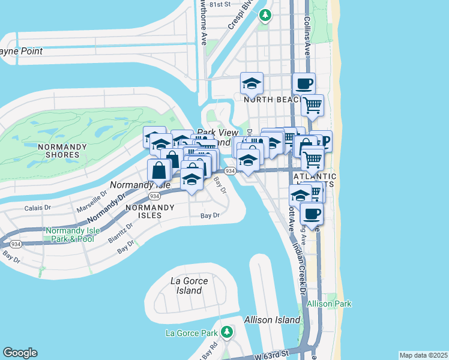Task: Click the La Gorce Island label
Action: tap(189, 286)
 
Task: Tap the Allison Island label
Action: tap(272, 320)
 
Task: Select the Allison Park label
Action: tap(328, 304)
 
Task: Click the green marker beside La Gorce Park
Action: tap(227, 332)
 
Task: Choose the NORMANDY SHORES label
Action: tap(58, 151)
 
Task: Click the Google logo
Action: tap(20, 353)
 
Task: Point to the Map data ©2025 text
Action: tap(423, 355)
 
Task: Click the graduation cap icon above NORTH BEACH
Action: tap(252, 83)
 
